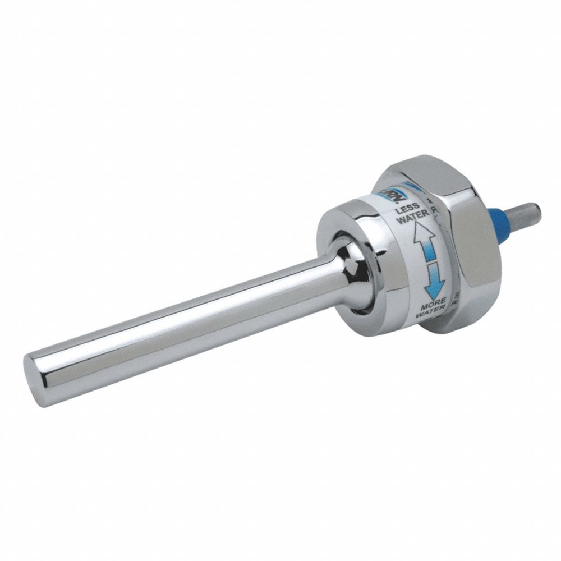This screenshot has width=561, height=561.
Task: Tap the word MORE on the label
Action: [x=434, y=301]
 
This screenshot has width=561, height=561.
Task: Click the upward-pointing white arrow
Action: [x=424, y=236]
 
